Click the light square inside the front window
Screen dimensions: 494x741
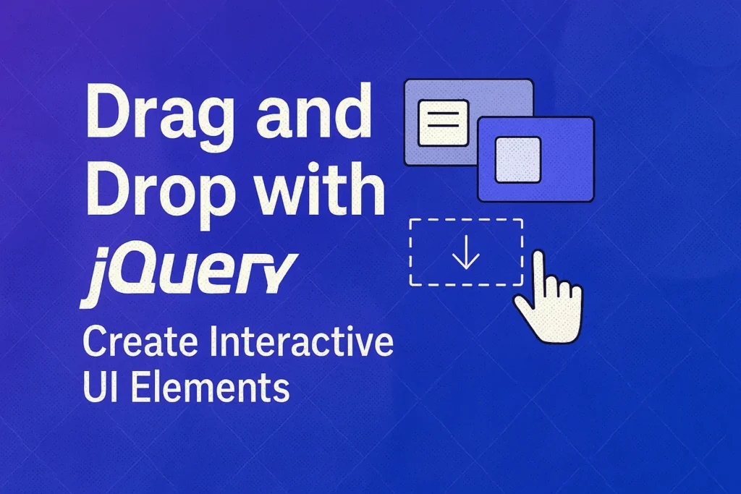[517, 159]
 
